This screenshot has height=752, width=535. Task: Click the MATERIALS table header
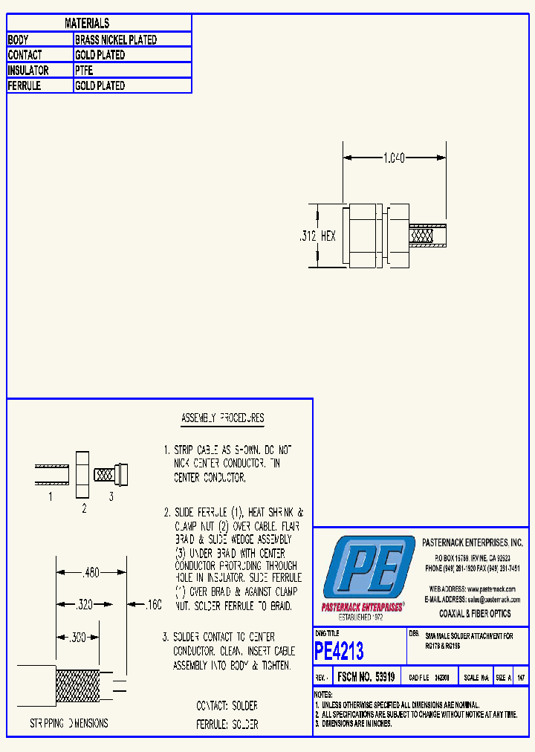tap(87, 24)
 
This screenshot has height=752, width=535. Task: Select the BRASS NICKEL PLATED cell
tap(116, 40)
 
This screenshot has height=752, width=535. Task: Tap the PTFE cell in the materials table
tap(84, 71)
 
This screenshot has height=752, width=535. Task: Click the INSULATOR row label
tap(28, 71)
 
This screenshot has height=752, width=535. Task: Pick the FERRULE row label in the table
tap(25, 86)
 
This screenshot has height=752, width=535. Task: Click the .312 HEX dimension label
tap(317, 236)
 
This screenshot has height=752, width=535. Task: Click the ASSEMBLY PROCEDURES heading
tap(223, 418)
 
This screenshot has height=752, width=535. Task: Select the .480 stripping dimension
tap(90, 573)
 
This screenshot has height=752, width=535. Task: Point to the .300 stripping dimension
tap(77, 638)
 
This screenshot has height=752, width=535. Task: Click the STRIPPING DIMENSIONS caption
tap(69, 723)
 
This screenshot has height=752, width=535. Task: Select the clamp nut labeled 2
tap(82, 473)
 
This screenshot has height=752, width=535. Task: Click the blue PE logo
tap(369, 568)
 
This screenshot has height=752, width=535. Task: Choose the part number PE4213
tap(340, 652)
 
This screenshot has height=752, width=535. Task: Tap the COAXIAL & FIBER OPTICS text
tap(475, 614)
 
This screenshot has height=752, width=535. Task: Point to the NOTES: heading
tap(322, 694)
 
